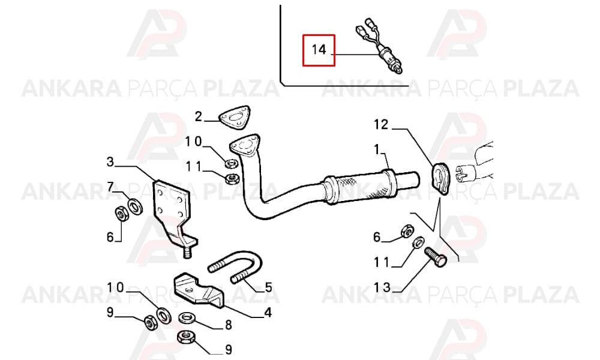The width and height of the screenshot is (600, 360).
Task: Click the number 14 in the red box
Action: (x=319, y=50)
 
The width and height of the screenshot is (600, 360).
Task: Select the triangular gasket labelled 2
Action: (x=235, y=118)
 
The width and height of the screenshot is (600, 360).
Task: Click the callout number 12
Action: (x=381, y=124)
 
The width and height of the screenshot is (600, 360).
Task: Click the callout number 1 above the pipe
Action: (x=377, y=149)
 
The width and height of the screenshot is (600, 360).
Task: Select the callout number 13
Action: (x=382, y=287)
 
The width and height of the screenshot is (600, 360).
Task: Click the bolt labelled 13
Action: (x=436, y=257)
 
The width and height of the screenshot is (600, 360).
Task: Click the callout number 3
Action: (x=110, y=162)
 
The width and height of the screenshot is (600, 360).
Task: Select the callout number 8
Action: (x=229, y=325)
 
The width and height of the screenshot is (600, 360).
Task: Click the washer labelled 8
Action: (x=187, y=317)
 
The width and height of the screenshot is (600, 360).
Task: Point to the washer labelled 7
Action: (x=135, y=207)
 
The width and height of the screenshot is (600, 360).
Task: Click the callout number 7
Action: (x=110, y=187)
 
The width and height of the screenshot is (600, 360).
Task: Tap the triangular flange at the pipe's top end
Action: (x=244, y=145)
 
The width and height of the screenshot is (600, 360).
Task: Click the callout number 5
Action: (x=268, y=287)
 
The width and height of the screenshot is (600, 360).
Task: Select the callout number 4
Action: (x=268, y=313)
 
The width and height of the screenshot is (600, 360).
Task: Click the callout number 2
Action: (x=198, y=116)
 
